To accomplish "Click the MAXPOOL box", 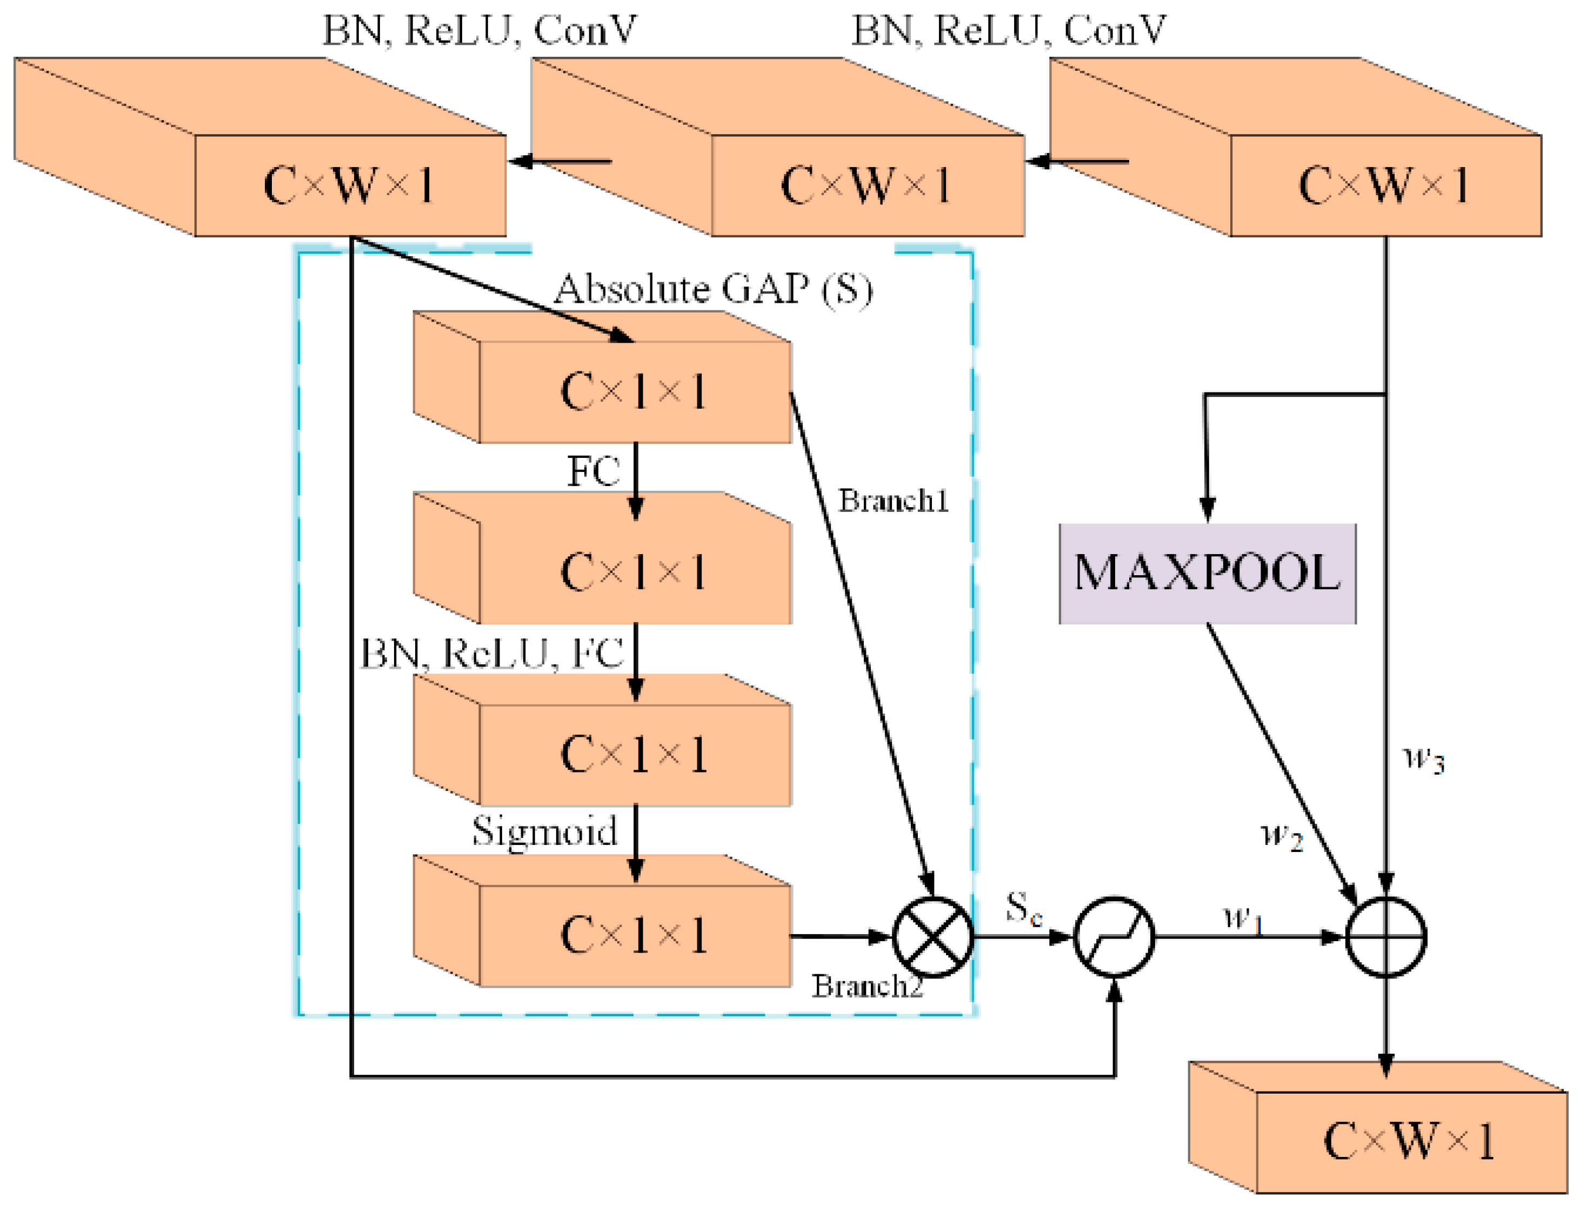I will click(x=1206, y=573).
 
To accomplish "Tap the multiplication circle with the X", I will click(x=932, y=937).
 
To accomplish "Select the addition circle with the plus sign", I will click(x=1385, y=937).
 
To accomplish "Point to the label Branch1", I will click(x=893, y=501).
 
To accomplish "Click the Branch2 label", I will click(x=866, y=986).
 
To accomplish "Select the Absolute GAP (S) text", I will click(x=714, y=289).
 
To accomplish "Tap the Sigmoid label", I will click(x=544, y=830).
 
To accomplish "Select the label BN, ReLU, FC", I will click(x=491, y=654).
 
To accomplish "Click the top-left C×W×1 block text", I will click(x=349, y=185).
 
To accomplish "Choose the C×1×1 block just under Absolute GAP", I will click(x=634, y=391).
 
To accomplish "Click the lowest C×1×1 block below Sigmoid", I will click(x=634, y=935).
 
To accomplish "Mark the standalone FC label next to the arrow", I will click(x=593, y=471).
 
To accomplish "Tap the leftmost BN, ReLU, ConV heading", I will click(x=479, y=30).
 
